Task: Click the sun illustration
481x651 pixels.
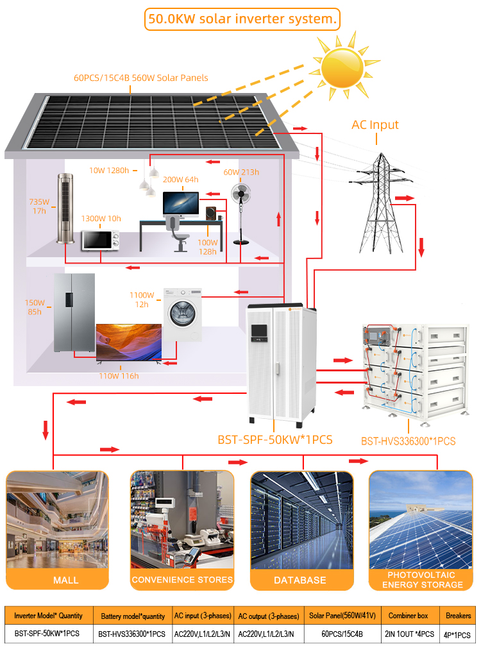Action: [x=343, y=67]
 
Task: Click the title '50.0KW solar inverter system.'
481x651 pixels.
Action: [x=242, y=19]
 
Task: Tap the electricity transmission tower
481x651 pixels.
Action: [x=380, y=203]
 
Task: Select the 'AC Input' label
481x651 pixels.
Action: [x=375, y=124]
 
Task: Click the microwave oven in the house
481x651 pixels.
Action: [x=101, y=240]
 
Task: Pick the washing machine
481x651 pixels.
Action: [x=183, y=315]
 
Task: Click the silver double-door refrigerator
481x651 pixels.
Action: [x=74, y=312]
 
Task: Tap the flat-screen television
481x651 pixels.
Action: [x=129, y=343]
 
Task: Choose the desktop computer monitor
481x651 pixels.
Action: [x=180, y=204]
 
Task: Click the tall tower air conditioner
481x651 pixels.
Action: [x=65, y=208]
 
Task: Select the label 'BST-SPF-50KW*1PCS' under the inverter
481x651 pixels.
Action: [x=275, y=440]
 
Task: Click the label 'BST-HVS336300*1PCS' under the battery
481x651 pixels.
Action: [x=409, y=441]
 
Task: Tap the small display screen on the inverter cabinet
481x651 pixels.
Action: [x=259, y=331]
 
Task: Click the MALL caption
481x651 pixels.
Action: [x=65, y=580]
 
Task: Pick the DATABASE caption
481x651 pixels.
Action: [x=300, y=580]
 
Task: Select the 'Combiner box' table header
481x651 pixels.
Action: [x=408, y=616]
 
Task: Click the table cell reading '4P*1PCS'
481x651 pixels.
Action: [x=457, y=635]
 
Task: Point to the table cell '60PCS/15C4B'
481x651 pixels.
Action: [x=342, y=634]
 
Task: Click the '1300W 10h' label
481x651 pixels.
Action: [x=101, y=218]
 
